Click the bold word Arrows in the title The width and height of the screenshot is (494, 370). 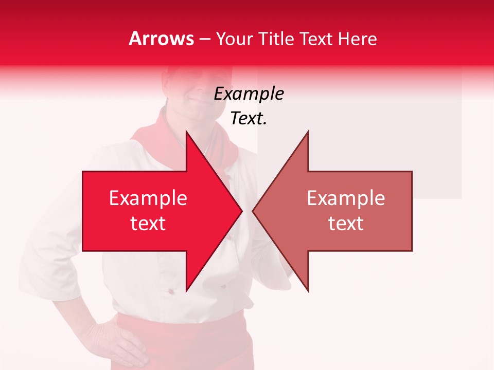pyautogui.click(x=161, y=39)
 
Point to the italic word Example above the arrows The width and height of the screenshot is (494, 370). pyautogui.click(x=249, y=94)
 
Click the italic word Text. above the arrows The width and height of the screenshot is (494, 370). pyautogui.click(x=249, y=119)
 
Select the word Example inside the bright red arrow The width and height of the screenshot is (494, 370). pyautogui.click(x=148, y=198)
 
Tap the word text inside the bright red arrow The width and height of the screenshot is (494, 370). pyautogui.click(x=148, y=224)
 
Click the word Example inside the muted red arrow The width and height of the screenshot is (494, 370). pyautogui.click(x=346, y=198)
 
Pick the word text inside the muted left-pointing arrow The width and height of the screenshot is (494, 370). pyautogui.click(x=346, y=224)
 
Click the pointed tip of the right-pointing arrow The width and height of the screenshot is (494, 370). pyautogui.click(x=241, y=211)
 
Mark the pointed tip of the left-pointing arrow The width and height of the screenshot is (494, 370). pyautogui.click(x=253, y=211)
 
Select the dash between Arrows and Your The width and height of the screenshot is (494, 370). pyautogui.click(x=204, y=39)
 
